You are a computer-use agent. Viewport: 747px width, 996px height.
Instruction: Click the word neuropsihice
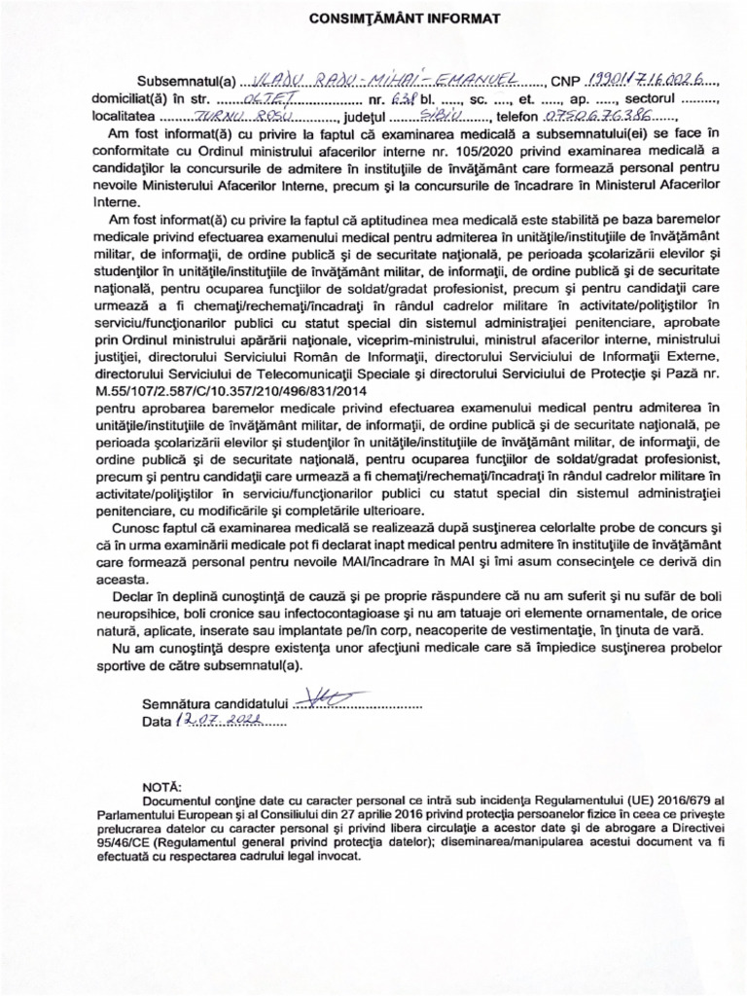pos(136,613)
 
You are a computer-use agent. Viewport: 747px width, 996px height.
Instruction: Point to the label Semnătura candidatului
pos(216,702)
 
